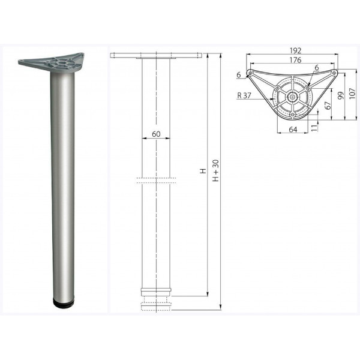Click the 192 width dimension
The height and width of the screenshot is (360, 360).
[x=295, y=50]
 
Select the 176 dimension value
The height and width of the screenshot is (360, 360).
[x=295, y=60]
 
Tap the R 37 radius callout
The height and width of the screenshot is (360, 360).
[x=244, y=95]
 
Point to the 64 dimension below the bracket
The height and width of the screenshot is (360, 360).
[x=293, y=130]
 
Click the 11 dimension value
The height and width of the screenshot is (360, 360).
[x=314, y=127]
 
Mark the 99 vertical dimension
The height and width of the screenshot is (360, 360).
[x=341, y=95]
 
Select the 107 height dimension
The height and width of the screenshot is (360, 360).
[x=352, y=94]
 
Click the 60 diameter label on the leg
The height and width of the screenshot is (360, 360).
[x=156, y=134]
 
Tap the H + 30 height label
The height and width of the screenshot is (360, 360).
[x=216, y=171]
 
